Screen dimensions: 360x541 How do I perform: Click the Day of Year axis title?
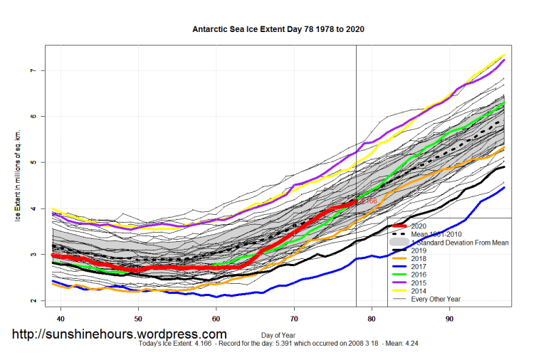tap(279, 334)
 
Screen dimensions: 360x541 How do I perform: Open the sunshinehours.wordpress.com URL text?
tap(118, 334)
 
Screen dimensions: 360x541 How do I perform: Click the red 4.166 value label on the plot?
tap(368, 201)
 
